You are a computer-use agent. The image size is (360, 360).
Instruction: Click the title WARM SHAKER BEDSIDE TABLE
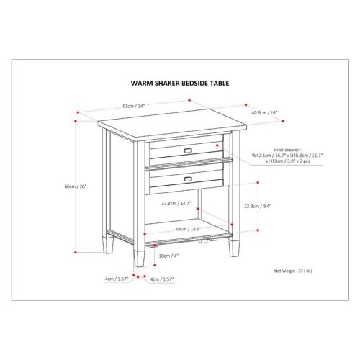click(x=179, y=84)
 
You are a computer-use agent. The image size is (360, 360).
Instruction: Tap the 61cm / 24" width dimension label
click(x=133, y=106)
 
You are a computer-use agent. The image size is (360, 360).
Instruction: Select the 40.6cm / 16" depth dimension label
click(x=264, y=112)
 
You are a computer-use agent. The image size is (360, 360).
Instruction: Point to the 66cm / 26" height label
click(x=75, y=186)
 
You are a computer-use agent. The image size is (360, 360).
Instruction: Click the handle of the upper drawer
click(x=188, y=151)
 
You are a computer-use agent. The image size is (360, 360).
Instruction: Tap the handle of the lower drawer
click(x=188, y=178)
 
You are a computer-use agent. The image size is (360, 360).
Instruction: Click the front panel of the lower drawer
click(x=187, y=179)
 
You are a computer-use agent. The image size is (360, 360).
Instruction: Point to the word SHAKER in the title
click(x=159, y=84)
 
